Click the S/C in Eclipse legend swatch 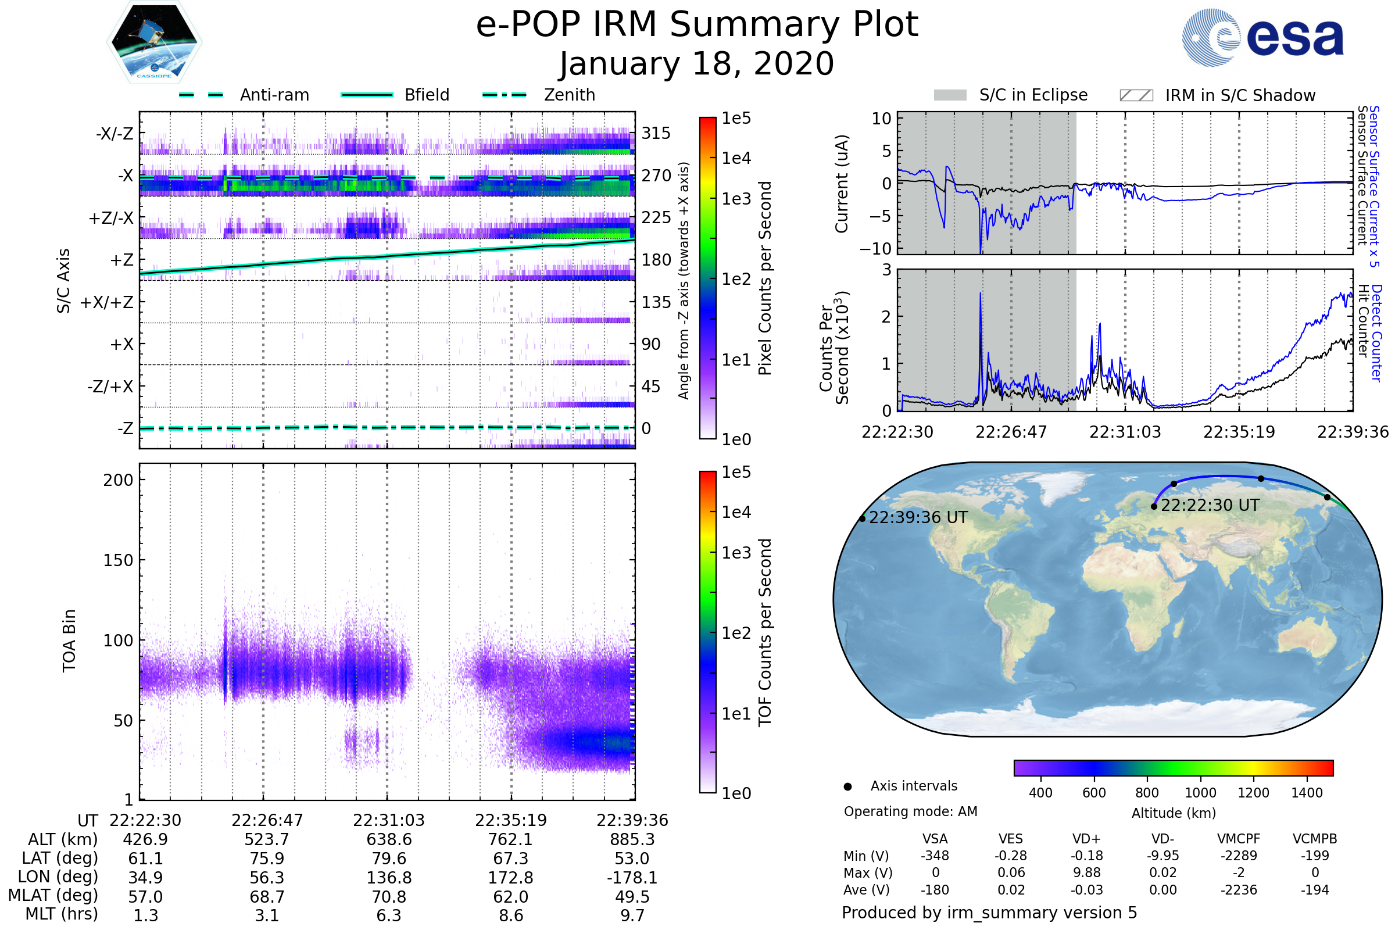950,95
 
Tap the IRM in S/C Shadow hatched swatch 1136,95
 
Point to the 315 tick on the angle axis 656,134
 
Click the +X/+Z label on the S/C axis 107,302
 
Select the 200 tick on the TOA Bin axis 118,480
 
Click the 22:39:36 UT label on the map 918,518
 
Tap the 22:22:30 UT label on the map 1210,505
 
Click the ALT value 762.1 511,839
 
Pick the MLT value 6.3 389,915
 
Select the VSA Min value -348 935,856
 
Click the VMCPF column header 1239,839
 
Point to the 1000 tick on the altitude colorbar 1200,793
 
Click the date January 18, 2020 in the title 697,64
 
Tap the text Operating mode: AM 910,811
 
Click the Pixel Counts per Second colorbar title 765,278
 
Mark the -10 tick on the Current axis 875,248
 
